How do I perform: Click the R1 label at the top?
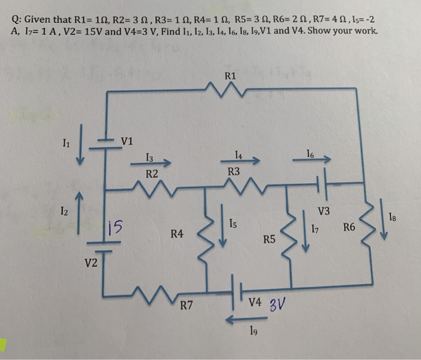(230, 76)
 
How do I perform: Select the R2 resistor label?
(152, 174)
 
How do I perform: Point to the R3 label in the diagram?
(235, 172)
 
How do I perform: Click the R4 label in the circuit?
(177, 233)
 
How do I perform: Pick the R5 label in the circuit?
(269, 240)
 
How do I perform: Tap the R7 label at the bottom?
(187, 306)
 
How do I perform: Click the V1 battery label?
(127, 141)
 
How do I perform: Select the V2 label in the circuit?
(91, 262)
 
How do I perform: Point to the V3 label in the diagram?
(324, 211)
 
